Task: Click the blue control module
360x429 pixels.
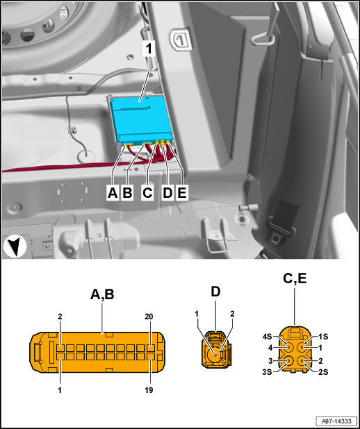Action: pyautogui.click(x=141, y=119)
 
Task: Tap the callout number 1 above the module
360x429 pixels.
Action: pyautogui.click(x=148, y=49)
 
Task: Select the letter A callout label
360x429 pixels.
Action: pyautogui.click(x=113, y=193)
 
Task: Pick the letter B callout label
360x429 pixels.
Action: pyautogui.click(x=127, y=193)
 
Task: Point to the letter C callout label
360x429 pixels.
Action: pyautogui.click(x=147, y=193)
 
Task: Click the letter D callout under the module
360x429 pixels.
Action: pyautogui.click(x=167, y=193)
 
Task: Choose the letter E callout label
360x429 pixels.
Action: pyautogui.click(x=182, y=193)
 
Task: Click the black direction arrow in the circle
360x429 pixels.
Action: pyautogui.click(x=15, y=246)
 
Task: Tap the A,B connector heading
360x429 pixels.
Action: pyautogui.click(x=102, y=295)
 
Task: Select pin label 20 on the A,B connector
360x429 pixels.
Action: pyautogui.click(x=149, y=317)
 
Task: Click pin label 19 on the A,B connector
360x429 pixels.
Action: pyautogui.click(x=149, y=389)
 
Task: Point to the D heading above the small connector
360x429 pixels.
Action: pyautogui.click(x=215, y=292)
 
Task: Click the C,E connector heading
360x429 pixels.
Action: pyautogui.click(x=295, y=278)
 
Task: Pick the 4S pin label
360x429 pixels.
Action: pyautogui.click(x=268, y=336)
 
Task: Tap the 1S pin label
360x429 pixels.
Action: pyautogui.click(x=323, y=336)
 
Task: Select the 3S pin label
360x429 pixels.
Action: pyautogui.click(x=268, y=372)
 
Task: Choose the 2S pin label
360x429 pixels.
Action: pyautogui.click(x=323, y=372)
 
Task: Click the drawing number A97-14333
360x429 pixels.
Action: pyautogui.click(x=337, y=421)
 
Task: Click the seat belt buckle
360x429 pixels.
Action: pyautogui.click(x=279, y=229)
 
